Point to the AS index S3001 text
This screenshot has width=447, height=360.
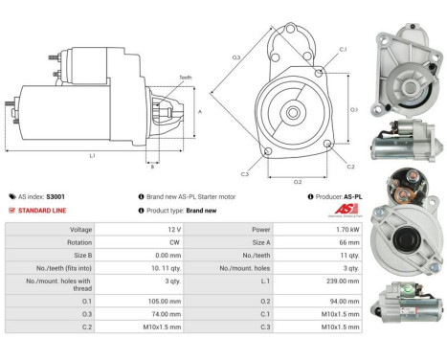coord(43,195)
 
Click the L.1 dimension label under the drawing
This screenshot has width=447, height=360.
coord(91,155)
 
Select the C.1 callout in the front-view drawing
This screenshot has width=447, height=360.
coord(342,49)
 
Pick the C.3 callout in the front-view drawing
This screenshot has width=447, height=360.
coord(244,173)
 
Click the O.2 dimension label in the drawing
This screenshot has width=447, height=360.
coord(297,180)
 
